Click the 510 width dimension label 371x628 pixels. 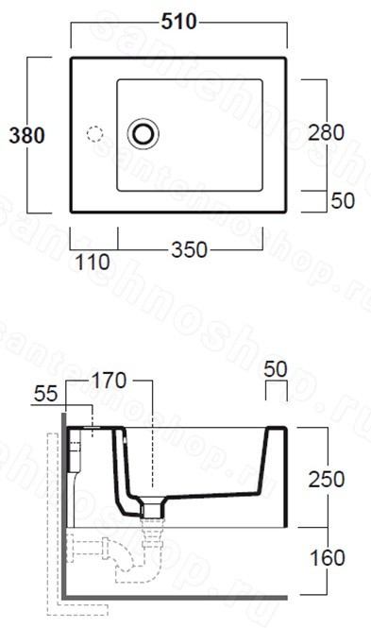(x=179, y=21)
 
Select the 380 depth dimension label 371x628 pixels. (x=26, y=135)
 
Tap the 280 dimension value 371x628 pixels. (x=326, y=132)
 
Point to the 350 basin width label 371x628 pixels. (x=190, y=250)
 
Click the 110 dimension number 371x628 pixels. (x=93, y=263)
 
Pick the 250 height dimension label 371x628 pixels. (x=327, y=480)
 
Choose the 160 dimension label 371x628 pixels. (x=328, y=558)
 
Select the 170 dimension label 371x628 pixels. (x=110, y=381)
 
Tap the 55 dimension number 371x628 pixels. (x=45, y=394)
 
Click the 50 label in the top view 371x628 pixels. (x=343, y=201)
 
